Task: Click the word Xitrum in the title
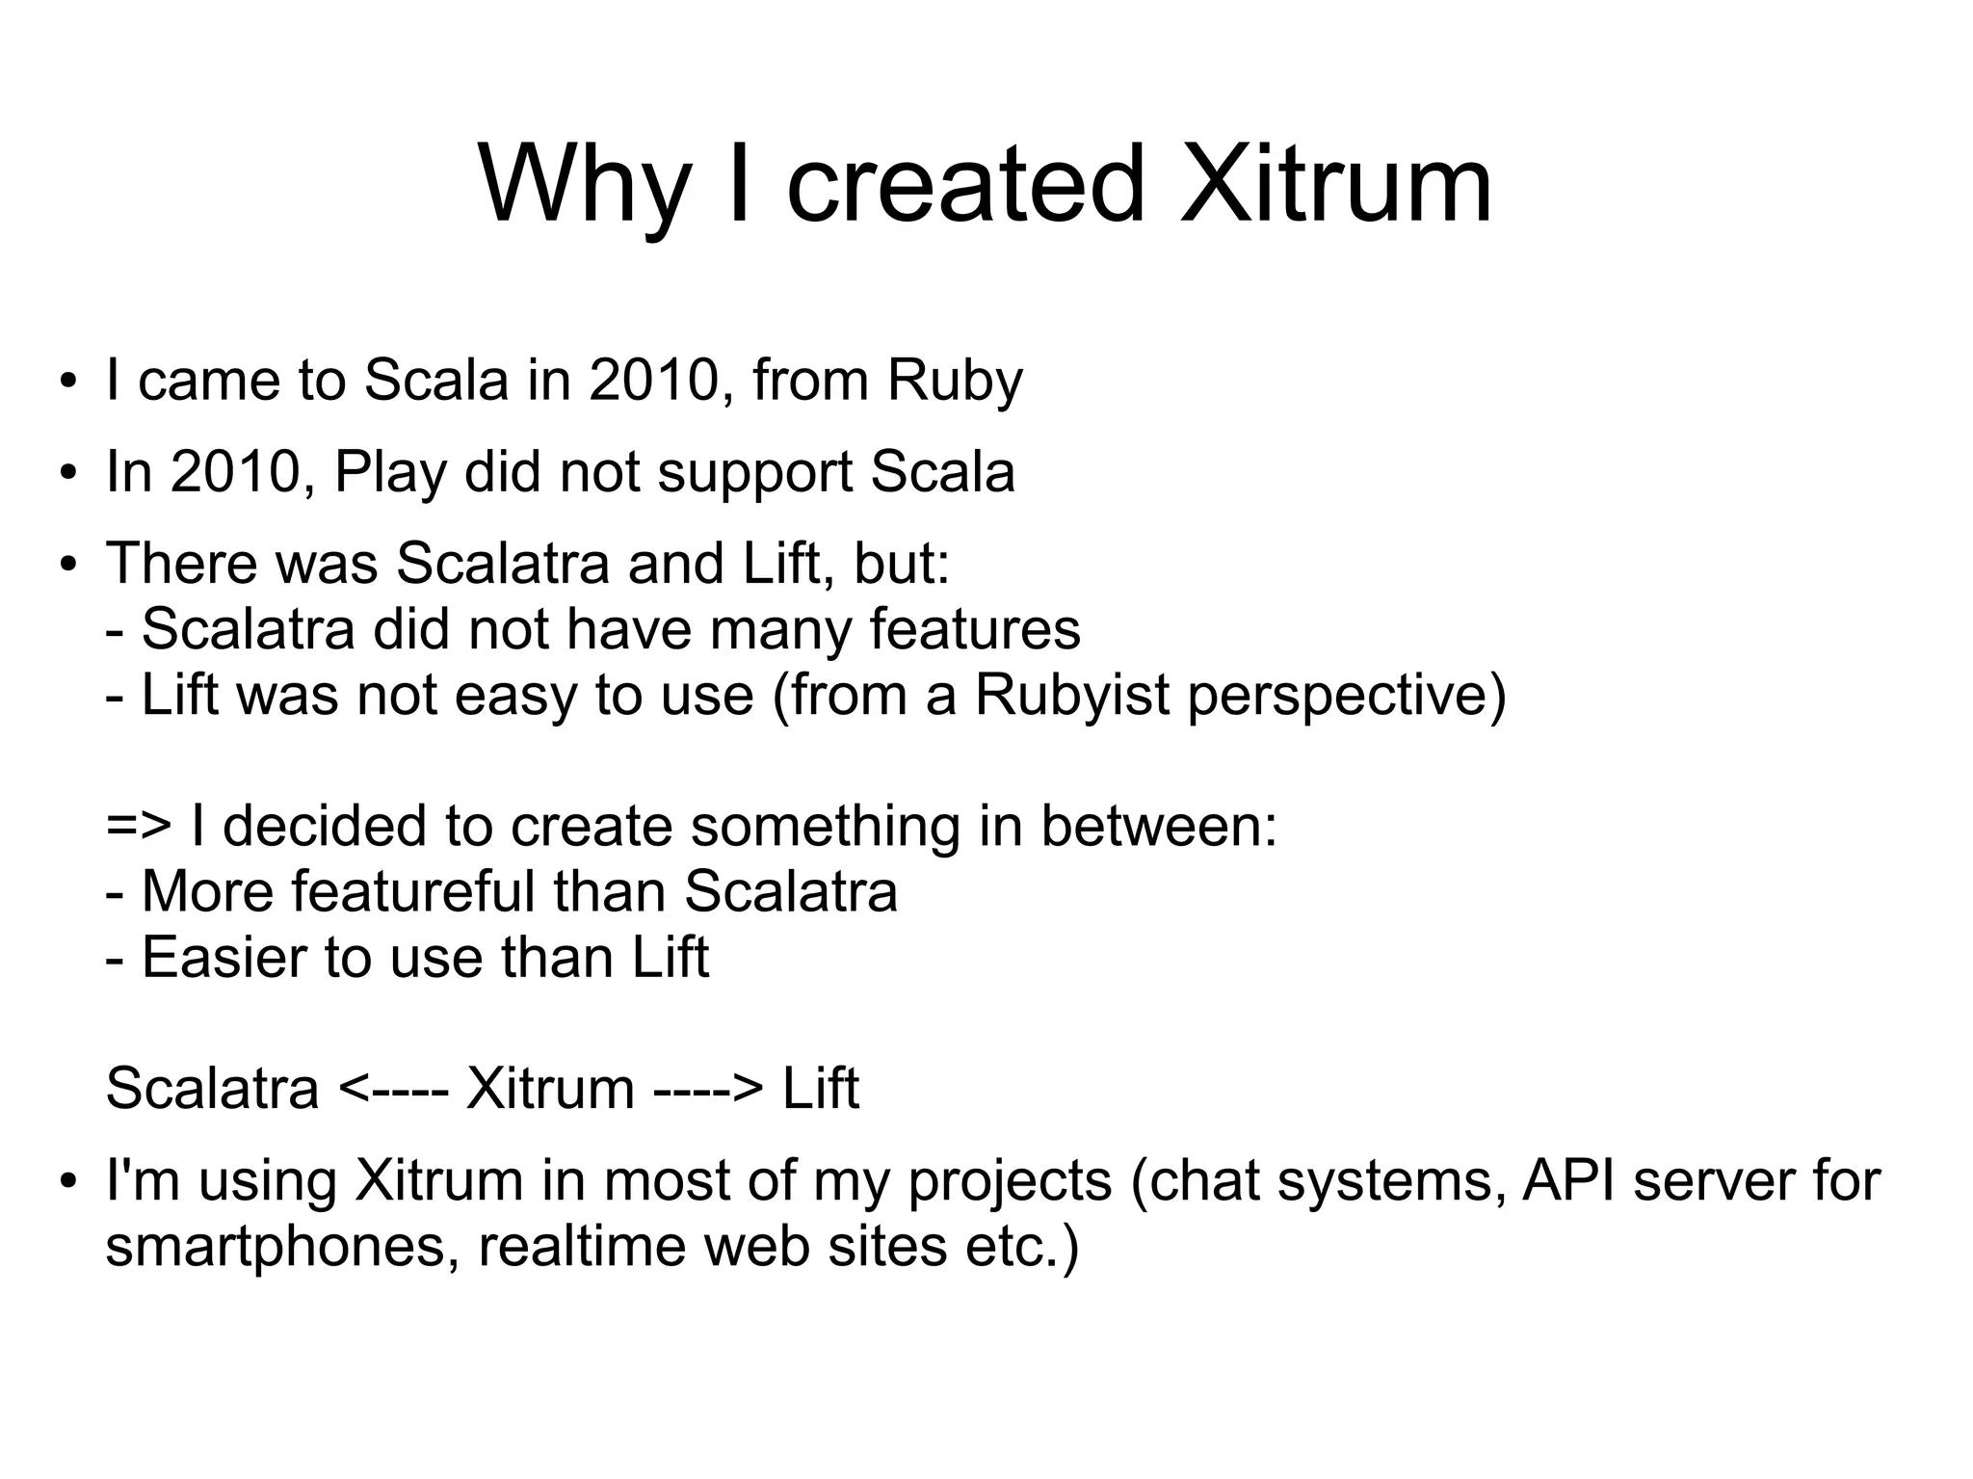coord(1336,183)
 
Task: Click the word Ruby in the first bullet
coord(954,381)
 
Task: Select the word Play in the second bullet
coord(390,472)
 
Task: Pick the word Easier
coord(223,958)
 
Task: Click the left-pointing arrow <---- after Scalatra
coord(393,1090)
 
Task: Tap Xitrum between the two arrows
coord(549,1090)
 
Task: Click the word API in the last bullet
coord(1568,1181)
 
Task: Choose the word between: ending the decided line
coord(1158,827)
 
